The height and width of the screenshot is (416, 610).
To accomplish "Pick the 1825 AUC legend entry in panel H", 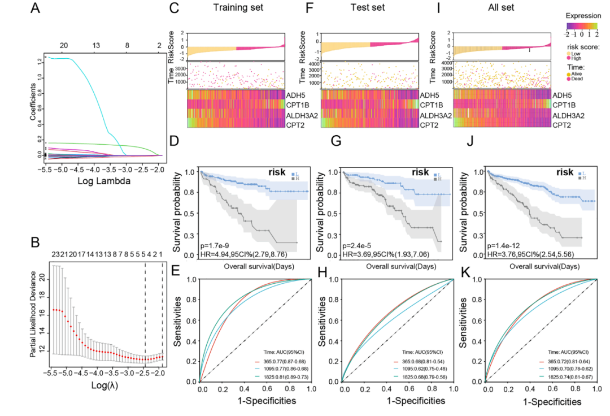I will coord(414,376).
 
